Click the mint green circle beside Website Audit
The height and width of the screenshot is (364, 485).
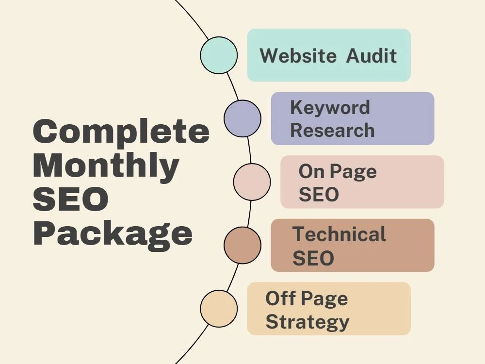pyautogui.click(x=219, y=55)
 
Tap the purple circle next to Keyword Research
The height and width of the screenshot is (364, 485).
pyautogui.click(x=242, y=118)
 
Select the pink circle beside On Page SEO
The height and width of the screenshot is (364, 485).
pyautogui.click(x=252, y=182)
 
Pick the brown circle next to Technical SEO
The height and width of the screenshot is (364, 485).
pyautogui.click(x=242, y=245)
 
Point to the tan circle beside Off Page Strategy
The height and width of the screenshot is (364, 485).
pyautogui.click(x=219, y=309)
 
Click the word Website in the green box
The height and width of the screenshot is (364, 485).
pyautogui.click(x=298, y=56)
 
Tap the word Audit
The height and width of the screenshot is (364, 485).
pyautogui.click(x=372, y=56)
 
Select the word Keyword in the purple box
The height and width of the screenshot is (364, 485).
pyautogui.click(x=330, y=107)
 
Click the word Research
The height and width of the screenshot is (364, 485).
pyautogui.click(x=333, y=130)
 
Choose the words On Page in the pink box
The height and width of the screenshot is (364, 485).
pyautogui.click(x=338, y=172)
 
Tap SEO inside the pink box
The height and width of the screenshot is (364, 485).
pyautogui.click(x=319, y=195)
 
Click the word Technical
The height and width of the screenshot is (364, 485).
pyautogui.click(x=339, y=234)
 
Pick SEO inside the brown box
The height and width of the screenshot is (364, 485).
pyautogui.click(x=313, y=258)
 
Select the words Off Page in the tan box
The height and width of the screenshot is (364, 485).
pyautogui.click(x=307, y=298)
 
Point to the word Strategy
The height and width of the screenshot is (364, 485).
pyautogui.click(x=307, y=323)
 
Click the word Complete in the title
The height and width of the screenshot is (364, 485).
pyautogui.click(x=121, y=132)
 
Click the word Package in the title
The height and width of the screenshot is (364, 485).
pyautogui.click(x=113, y=234)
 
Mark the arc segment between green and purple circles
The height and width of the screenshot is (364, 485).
pyautogui.click(x=233, y=86)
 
